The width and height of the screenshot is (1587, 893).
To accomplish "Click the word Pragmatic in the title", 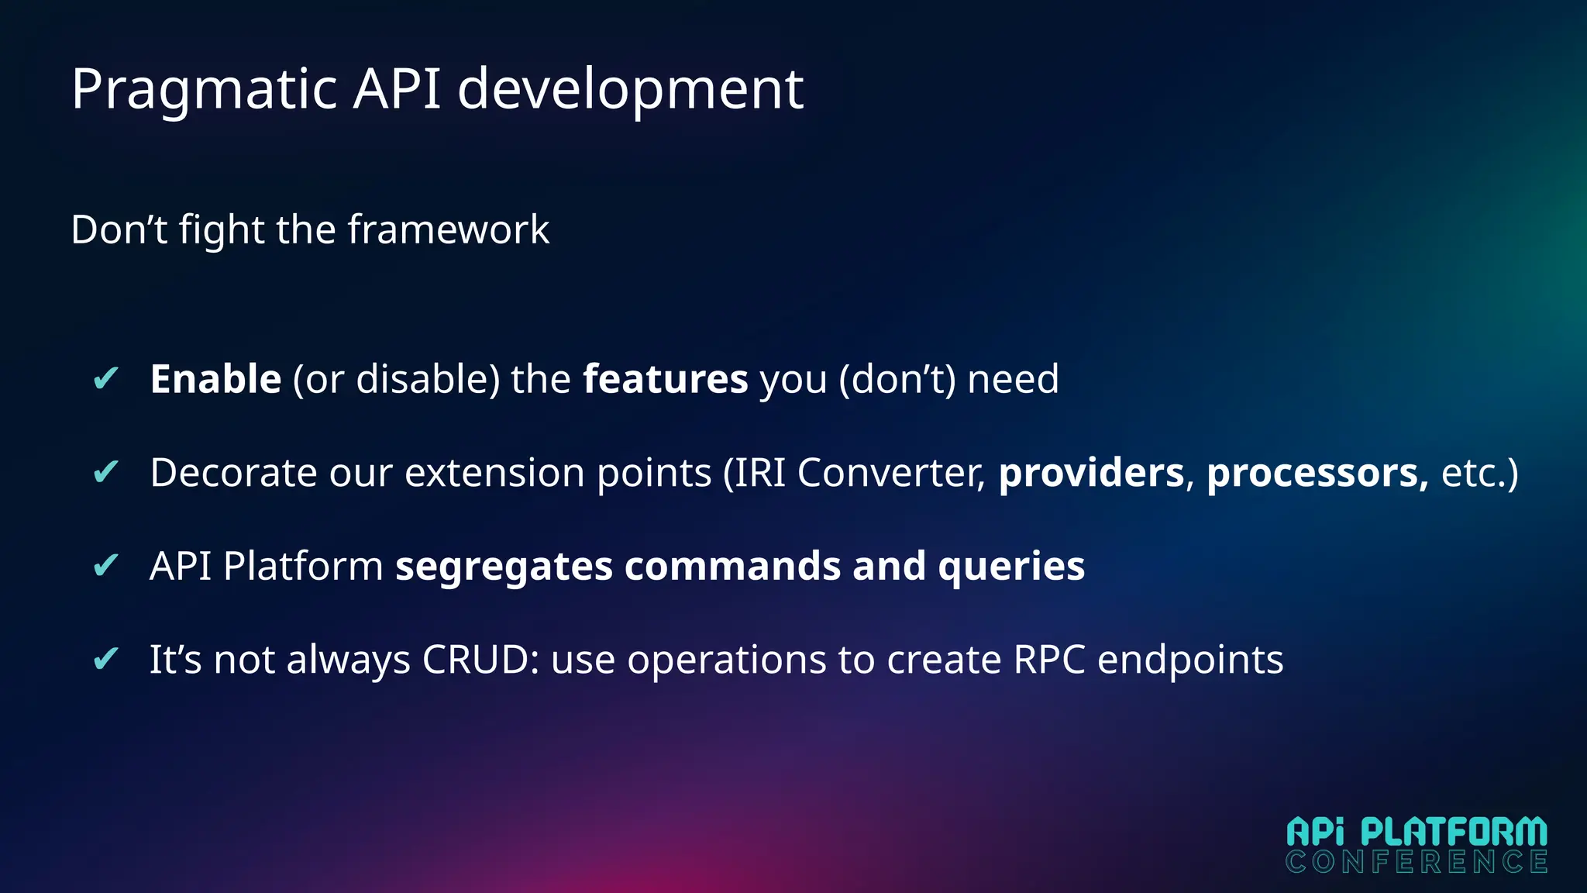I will [x=204, y=90].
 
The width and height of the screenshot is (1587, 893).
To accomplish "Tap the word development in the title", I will [x=630, y=90].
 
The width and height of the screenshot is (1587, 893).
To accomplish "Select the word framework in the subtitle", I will [x=448, y=230].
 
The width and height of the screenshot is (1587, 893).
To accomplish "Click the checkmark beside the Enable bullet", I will [x=105, y=379].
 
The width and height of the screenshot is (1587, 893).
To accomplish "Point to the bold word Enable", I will [x=215, y=379].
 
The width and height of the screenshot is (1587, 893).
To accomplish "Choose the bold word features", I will [x=665, y=379].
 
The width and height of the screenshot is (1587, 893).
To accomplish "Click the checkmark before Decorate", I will [x=105, y=472].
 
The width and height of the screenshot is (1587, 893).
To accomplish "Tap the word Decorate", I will [x=233, y=473].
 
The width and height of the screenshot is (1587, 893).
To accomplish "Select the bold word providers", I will [x=1091, y=473].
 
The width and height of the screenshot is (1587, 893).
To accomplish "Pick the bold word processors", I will [x=1316, y=473].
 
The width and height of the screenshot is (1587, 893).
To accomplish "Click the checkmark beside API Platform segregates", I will [x=105, y=566].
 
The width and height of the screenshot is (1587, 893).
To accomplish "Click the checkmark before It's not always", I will [x=105, y=660].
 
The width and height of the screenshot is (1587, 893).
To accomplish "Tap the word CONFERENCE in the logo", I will [x=1417, y=862].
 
